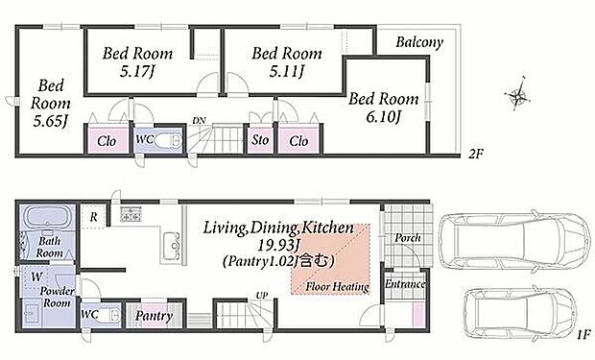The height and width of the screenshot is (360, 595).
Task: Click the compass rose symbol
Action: tap(517, 94)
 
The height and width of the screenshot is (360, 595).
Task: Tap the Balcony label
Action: tap(419, 42)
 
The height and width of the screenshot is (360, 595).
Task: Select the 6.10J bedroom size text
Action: tap(383, 117)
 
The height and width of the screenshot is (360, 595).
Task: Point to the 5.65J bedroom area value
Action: tap(51, 122)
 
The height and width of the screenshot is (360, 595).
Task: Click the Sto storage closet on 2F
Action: tap(260, 140)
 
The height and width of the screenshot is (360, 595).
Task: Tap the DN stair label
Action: tap(199, 121)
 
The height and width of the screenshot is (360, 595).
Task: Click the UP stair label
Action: tap(262, 295)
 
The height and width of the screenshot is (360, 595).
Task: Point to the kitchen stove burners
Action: tap(131, 214)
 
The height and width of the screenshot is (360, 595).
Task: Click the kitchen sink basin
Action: tap(172, 246)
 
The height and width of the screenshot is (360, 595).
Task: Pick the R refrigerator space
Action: tap(93, 217)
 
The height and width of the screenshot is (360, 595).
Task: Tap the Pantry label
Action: tap(155, 316)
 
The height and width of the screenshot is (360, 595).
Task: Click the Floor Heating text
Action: tap(338, 287)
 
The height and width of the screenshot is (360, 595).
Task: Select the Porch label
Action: tap(408, 238)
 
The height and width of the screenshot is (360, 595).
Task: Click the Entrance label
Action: tap(405, 284)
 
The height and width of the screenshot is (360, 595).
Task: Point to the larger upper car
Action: tap(513, 239)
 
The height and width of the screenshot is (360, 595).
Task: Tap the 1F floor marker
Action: tap(583, 334)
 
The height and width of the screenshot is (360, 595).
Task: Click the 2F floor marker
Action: tap(476, 155)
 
